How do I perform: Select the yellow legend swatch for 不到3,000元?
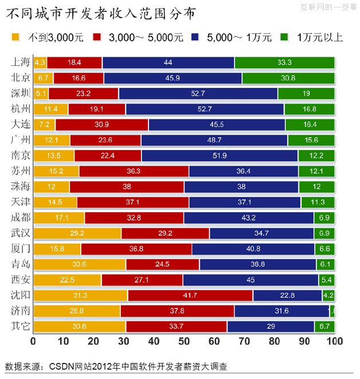[x=15, y=38]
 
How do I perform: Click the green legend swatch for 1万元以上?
[x=284, y=38]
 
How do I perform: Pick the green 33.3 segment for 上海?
[x=284, y=62]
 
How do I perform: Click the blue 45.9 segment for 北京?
[x=173, y=78]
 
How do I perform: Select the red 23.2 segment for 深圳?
[x=83, y=93]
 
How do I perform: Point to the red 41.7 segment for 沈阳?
[x=190, y=295]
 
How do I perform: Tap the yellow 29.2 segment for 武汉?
[x=77, y=233]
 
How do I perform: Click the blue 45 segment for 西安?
[x=251, y=280]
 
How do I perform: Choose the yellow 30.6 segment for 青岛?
[x=79, y=264]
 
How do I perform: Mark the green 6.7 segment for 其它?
[x=324, y=326]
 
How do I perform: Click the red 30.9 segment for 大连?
[x=101, y=124]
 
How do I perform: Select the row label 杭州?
[x=21, y=109]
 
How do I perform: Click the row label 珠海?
[x=21, y=186]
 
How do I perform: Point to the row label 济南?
[x=21, y=311]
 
